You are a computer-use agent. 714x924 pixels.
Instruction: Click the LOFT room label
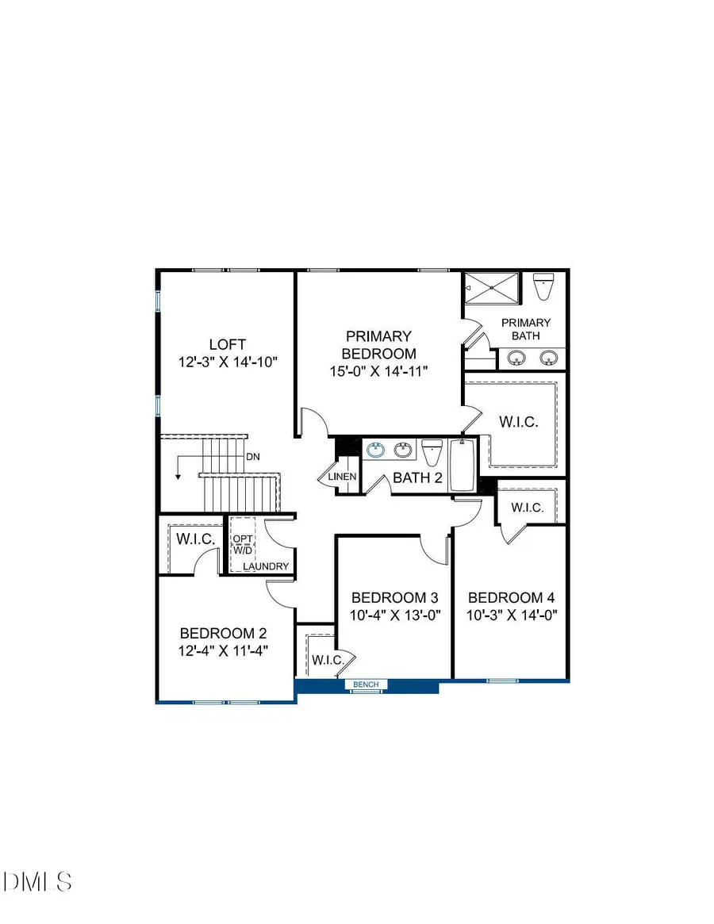point(227,344)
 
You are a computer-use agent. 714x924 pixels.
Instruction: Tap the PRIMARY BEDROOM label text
point(378,345)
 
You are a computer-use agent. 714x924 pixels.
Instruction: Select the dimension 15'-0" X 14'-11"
point(378,371)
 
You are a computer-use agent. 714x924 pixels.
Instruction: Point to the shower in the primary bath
point(491,287)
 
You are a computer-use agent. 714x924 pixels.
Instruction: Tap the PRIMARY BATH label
point(525,329)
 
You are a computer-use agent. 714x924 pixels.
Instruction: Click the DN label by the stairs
point(252,457)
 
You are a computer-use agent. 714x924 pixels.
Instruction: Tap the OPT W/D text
point(241,545)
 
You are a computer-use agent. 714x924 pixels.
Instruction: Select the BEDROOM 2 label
point(223,634)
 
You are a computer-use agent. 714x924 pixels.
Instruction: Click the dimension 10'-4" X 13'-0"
point(395,615)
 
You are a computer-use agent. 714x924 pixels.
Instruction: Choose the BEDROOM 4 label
point(511,598)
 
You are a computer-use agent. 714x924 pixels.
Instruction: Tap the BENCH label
point(366,684)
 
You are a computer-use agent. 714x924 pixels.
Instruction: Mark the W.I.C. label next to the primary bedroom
point(518,422)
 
